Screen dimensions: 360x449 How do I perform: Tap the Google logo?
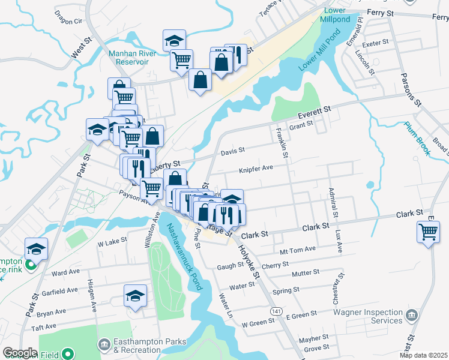(x=20, y=353)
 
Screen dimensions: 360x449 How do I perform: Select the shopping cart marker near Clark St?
(x=428, y=231)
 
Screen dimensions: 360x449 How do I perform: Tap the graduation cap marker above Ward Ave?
(x=36, y=248)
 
